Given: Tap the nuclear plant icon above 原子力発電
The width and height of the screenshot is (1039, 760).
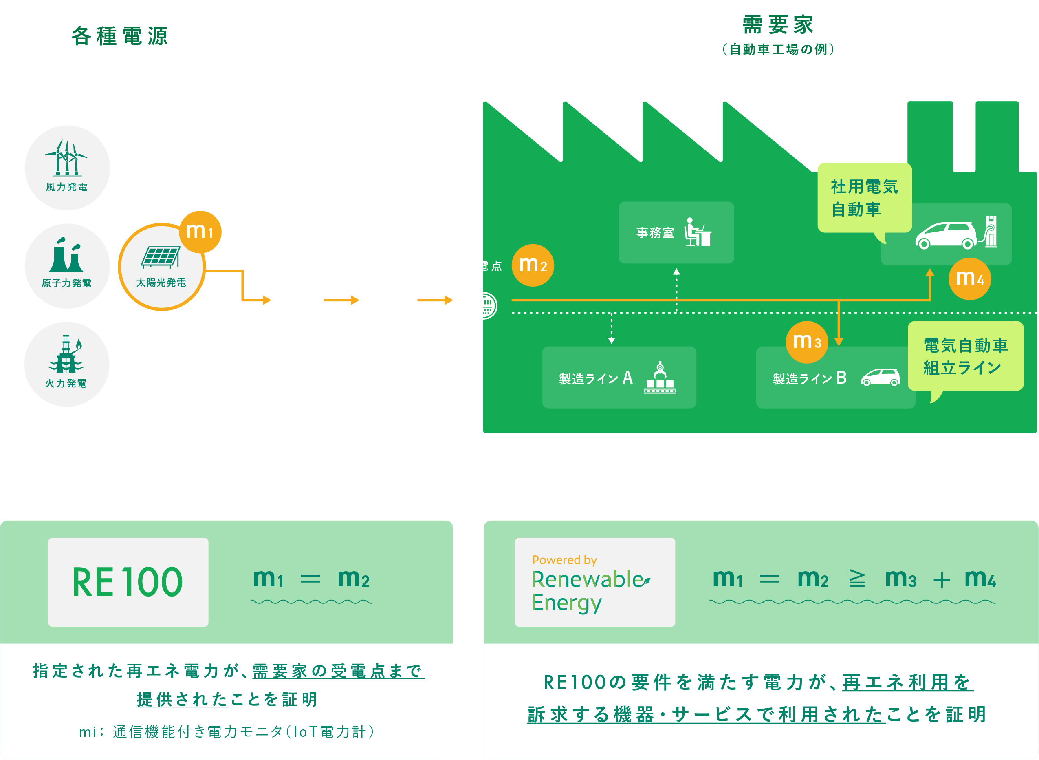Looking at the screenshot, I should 67,255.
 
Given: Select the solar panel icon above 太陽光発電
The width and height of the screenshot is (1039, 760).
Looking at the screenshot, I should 161,257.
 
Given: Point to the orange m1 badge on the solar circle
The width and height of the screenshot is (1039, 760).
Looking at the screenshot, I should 200,232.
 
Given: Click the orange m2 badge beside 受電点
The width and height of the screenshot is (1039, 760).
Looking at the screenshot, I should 533,265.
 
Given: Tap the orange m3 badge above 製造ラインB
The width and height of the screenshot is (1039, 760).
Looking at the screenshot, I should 807,342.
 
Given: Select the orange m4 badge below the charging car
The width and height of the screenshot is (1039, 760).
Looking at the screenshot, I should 970,279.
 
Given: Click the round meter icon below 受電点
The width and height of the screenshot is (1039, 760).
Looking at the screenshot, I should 484,306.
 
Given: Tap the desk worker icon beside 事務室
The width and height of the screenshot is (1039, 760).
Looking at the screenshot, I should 698,232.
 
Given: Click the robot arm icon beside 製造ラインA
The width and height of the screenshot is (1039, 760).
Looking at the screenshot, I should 660,378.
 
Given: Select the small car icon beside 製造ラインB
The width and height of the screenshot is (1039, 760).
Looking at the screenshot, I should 881,378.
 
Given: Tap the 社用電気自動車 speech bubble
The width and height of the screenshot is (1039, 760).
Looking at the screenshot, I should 864,198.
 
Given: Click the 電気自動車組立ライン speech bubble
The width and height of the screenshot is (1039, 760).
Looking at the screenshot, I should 965,356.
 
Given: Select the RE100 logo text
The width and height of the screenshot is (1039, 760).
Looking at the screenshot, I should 128,582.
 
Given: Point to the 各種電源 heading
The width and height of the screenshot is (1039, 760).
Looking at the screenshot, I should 119,36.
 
